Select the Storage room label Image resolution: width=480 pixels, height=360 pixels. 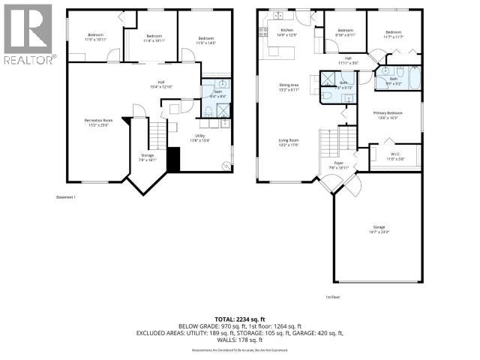pos(146,157)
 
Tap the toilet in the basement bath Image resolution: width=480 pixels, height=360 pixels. pos(208,112)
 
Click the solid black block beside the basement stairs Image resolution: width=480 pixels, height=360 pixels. pos(174,160)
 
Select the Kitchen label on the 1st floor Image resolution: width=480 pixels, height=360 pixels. pos(266,30)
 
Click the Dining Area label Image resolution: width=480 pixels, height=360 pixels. pos(289,86)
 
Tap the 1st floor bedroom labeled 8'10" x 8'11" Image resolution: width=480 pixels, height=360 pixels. pos(344,34)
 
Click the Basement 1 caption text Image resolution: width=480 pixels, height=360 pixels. pos(67,197)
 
